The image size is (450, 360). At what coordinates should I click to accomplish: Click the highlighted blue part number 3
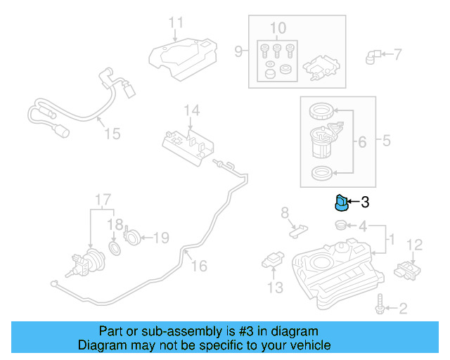[x=340, y=203]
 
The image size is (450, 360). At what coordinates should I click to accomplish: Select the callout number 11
[x=175, y=22]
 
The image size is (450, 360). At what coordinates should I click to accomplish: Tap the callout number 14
[x=191, y=110]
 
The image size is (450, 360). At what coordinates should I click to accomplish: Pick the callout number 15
[x=112, y=134]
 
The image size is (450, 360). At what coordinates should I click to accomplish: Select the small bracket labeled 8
[x=299, y=227]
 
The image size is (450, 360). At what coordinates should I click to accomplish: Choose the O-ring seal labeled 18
[x=115, y=249]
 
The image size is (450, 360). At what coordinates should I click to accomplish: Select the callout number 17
[x=103, y=198]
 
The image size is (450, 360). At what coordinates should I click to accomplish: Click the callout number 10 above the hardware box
[x=278, y=28]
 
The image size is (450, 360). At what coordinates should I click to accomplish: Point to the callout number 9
[x=238, y=51]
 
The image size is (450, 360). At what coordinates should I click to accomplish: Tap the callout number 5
[x=386, y=141]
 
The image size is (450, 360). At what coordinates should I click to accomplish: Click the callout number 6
[x=362, y=143]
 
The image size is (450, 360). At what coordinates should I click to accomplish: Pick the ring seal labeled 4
[x=339, y=225]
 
